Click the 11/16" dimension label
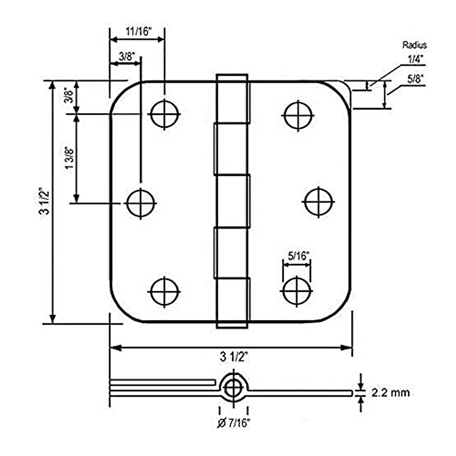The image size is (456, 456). point(139,32)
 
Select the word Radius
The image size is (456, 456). point(415,45)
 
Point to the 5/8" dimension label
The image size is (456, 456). point(415,79)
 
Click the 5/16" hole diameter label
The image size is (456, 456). point(297,256)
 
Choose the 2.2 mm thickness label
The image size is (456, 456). point(391,393)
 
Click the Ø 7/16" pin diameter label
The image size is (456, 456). point(234,423)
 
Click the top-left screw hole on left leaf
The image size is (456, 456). point(165,114)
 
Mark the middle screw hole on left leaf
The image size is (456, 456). point(141,203)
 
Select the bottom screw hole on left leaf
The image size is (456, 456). point(164,292)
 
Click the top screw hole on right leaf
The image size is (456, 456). point(298,115)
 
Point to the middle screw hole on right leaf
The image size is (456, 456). point(319,201)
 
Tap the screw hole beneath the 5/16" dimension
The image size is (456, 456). point(296,291)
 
